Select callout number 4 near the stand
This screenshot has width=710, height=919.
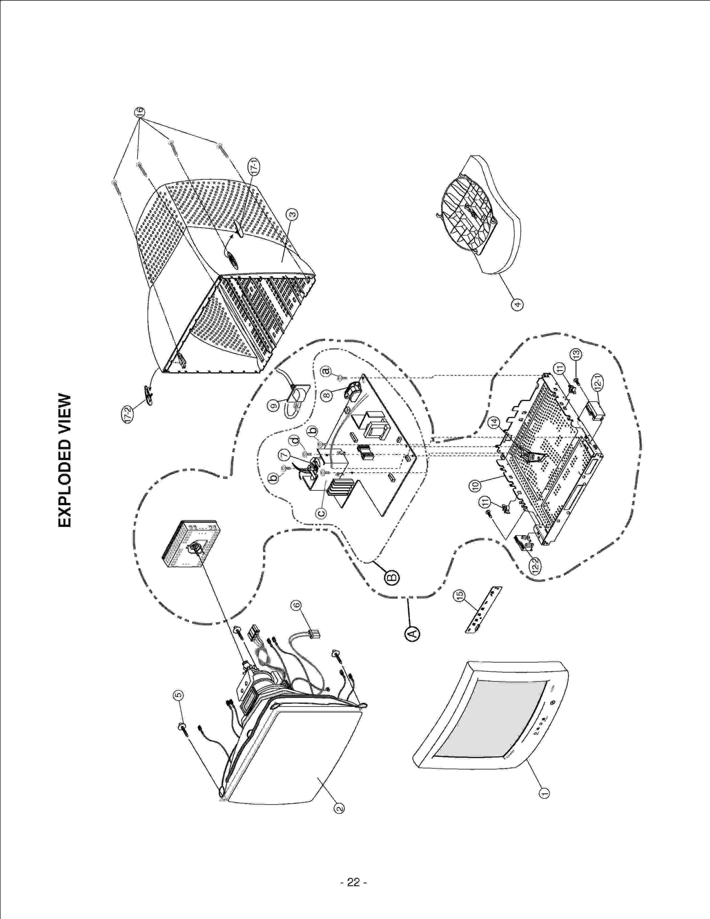click(x=517, y=304)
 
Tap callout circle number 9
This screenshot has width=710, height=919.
click(x=274, y=404)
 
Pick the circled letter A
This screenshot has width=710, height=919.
click(x=412, y=634)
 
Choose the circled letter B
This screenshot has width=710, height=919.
click(x=392, y=576)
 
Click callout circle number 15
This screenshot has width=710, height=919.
click(x=459, y=595)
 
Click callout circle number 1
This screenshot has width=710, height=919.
click(x=544, y=793)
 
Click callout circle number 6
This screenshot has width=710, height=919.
click(x=296, y=605)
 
